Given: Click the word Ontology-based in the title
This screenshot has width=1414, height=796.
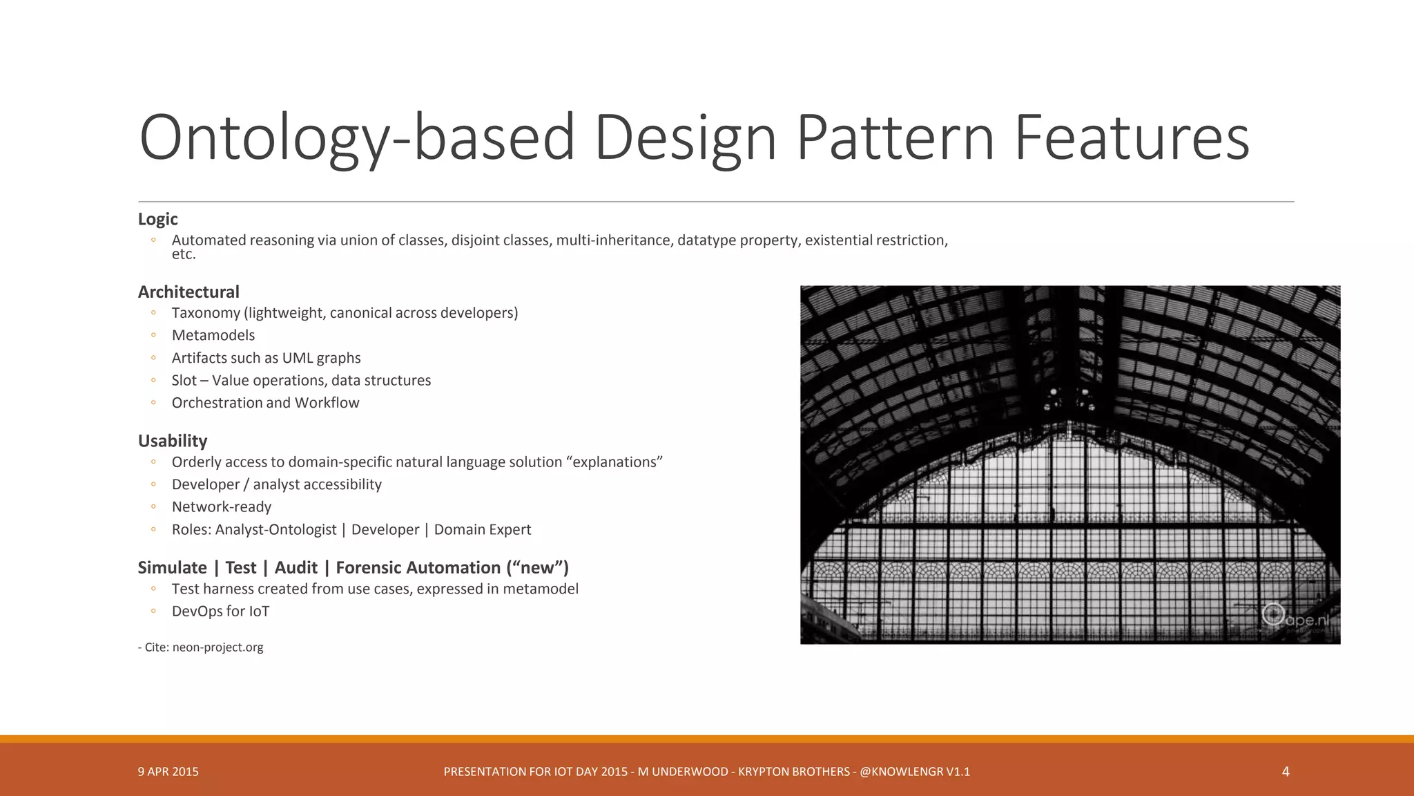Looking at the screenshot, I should click(356, 138).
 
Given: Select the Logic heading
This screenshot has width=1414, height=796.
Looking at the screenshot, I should click(157, 219).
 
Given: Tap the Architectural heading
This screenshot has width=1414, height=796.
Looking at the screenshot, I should click(188, 292).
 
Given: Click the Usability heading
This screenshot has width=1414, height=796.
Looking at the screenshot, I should click(173, 441).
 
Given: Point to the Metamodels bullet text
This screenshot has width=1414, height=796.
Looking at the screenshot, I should click(213, 335).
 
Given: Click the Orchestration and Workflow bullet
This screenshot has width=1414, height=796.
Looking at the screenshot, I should click(265, 403).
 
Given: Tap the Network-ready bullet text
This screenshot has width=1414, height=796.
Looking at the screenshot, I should click(222, 507).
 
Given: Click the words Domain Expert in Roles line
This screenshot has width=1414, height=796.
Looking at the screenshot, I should click(483, 530).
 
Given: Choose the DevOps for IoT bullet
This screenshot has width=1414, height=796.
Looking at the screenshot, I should click(220, 612).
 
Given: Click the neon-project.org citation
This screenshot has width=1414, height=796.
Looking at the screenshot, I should click(217, 647).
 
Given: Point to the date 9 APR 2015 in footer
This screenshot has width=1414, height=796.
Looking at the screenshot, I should click(168, 772).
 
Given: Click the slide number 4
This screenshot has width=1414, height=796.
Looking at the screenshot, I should click(1286, 772).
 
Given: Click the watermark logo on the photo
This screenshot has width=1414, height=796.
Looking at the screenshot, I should click(1274, 614).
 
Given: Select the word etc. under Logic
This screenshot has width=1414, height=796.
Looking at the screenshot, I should click(184, 255).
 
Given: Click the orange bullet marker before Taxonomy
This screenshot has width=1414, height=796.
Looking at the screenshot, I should click(153, 313).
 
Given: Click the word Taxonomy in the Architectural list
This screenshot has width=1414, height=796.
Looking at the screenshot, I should click(205, 313).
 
